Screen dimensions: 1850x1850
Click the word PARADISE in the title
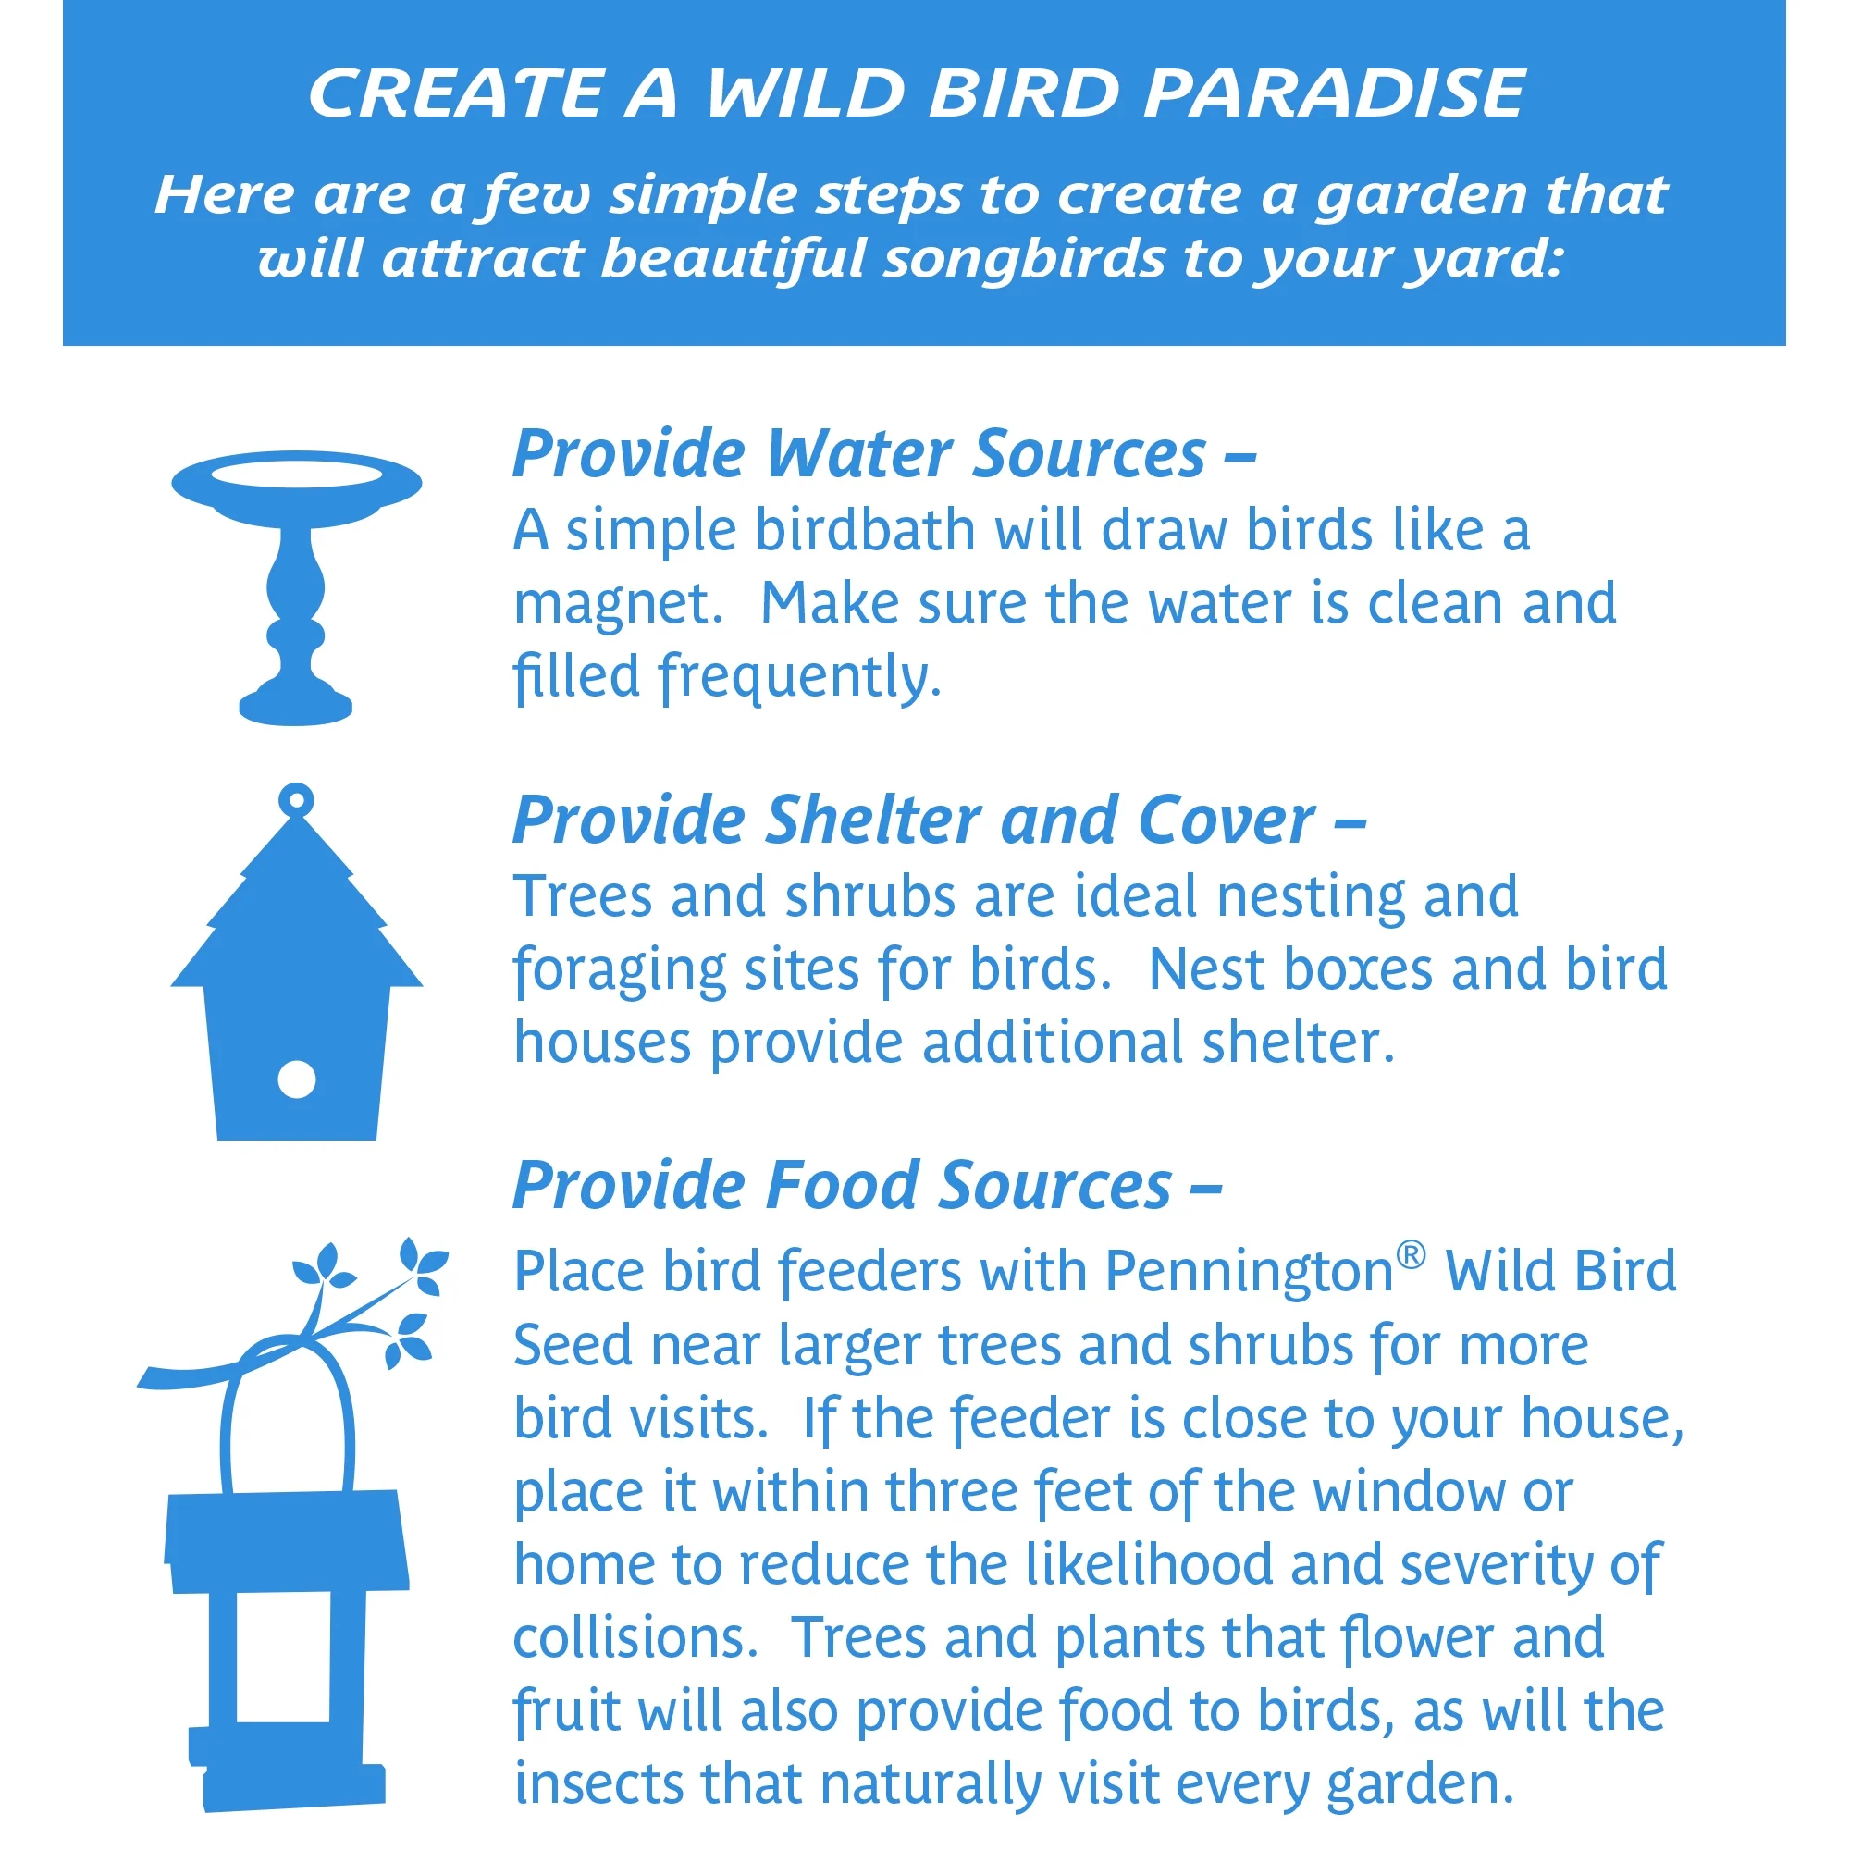point(1334,93)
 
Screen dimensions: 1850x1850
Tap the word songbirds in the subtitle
point(1023,259)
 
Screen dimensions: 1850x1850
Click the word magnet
point(618,604)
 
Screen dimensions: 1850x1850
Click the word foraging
point(620,971)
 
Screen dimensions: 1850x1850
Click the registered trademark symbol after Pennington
point(1412,1254)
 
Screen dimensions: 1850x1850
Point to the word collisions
point(635,1638)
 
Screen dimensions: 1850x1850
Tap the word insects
point(598,1786)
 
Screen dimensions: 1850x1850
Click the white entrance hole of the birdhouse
point(297,1079)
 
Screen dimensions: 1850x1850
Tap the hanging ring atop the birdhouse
point(297,798)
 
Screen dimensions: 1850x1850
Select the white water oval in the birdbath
point(297,473)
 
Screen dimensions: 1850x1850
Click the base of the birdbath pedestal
point(296,705)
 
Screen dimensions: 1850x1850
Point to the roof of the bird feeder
point(288,1541)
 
